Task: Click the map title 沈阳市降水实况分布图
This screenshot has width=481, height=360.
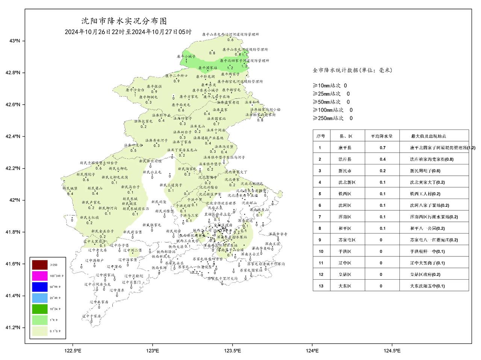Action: click(x=124, y=21)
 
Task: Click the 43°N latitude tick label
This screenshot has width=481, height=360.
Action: click(x=15, y=41)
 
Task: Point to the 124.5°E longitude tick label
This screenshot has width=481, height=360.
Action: click(x=392, y=351)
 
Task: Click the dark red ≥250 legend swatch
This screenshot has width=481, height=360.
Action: click(x=39, y=265)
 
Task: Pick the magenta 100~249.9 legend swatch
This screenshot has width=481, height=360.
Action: click(x=39, y=276)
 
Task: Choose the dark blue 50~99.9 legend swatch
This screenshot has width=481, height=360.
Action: click(x=39, y=287)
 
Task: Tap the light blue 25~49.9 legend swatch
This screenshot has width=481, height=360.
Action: click(x=39, y=298)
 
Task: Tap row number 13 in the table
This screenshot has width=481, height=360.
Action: click(x=321, y=286)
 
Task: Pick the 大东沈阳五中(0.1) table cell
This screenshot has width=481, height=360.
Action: click(x=427, y=286)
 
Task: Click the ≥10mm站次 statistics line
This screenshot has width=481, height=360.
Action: click(x=330, y=86)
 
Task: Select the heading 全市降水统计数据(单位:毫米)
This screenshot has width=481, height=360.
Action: click(x=352, y=70)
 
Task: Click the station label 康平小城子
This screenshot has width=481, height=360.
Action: click(x=186, y=56)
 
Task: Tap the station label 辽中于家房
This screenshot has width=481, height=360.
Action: click(x=92, y=316)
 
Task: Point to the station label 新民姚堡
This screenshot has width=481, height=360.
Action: click(x=70, y=188)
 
